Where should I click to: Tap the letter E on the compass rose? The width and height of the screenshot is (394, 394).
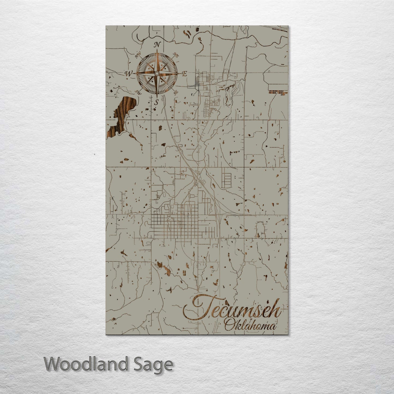click(184, 74)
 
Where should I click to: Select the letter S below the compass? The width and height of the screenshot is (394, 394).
click(157, 103)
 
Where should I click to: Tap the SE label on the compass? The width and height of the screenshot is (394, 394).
click(176, 92)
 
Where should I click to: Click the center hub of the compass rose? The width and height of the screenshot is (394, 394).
click(157, 74)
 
